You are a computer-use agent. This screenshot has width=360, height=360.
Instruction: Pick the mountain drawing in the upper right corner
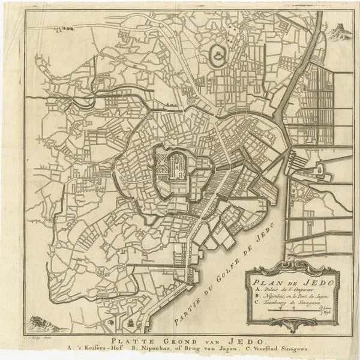(340, 28)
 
